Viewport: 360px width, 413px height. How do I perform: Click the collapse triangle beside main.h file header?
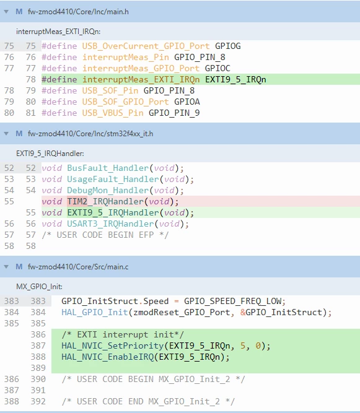[x=6, y=12]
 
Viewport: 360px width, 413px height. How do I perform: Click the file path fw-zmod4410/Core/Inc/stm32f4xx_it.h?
[x=90, y=134]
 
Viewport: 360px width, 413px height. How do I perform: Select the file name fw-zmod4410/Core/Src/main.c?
[x=78, y=267]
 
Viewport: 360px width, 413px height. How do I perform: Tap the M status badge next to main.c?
[x=19, y=266]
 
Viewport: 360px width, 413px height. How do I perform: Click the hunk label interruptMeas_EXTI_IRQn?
[x=58, y=32]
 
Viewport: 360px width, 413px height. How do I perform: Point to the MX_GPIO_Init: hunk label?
[x=39, y=287]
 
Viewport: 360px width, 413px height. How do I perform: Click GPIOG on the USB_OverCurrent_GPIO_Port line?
[x=227, y=46]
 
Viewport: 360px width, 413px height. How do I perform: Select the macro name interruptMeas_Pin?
[x=125, y=57]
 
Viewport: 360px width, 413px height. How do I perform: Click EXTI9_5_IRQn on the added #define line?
[x=235, y=79]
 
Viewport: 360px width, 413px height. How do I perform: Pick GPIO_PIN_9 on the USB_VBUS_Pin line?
[x=174, y=113]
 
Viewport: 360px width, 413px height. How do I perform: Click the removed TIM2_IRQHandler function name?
[x=105, y=201]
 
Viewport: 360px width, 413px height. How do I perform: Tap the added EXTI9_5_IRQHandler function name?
[x=113, y=212]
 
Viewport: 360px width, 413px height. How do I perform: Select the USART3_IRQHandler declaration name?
[x=110, y=224]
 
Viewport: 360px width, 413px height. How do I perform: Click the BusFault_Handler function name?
[x=108, y=168]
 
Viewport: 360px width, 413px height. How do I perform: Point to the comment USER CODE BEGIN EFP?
[x=105, y=235]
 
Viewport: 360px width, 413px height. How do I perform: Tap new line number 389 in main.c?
[x=38, y=368]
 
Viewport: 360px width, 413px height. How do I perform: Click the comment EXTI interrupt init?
[x=123, y=334]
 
